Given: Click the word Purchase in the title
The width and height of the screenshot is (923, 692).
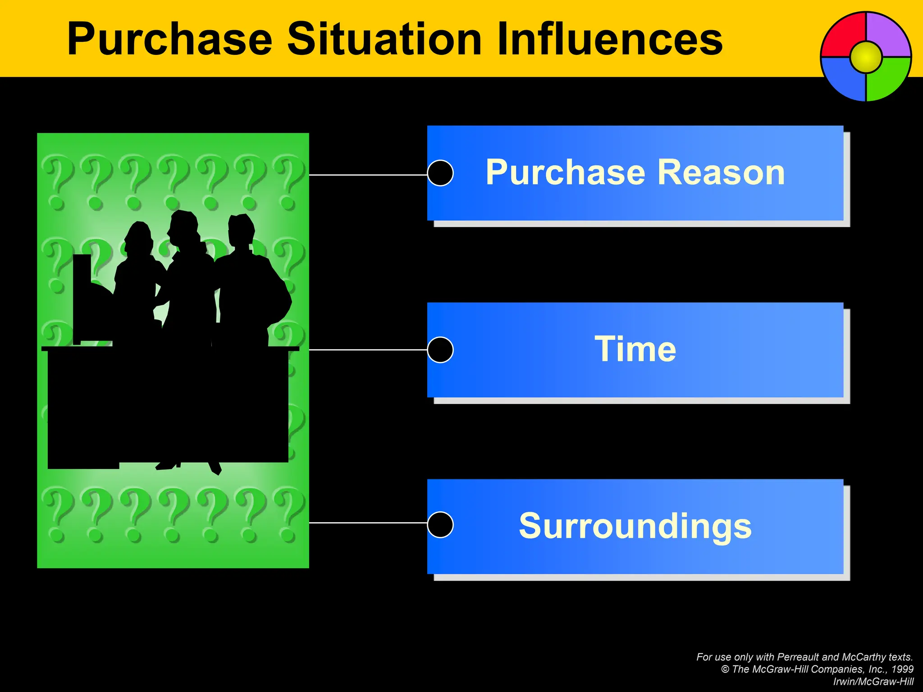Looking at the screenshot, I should pyautogui.click(x=169, y=40).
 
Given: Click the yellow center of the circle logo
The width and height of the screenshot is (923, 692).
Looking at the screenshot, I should pyautogui.click(x=866, y=57).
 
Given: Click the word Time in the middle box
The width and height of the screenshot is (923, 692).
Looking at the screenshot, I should pyautogui.click(x=635, y=349).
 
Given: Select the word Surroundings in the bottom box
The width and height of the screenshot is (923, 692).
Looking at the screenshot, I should pyautogui.click(x=635, y=526).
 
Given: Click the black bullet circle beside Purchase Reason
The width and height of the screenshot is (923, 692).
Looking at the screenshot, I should pyautogui.click(x=440, y=173).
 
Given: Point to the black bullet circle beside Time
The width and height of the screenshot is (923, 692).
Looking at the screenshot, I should pyautogui.click(x=440, y=350).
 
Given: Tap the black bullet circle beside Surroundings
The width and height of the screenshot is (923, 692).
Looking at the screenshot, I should pyautogui.click(x=440, y=525).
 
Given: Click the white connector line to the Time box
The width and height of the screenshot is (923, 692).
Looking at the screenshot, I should pyautogui.click(x=367, y=350).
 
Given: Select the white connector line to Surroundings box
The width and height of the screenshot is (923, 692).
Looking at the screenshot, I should pyautogui.click(x=367, y=523).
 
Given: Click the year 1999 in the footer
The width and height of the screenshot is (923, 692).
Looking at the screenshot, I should pyautogui.click(x=902, y=669).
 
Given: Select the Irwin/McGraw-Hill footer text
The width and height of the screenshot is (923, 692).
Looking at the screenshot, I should pyautogui.click(x=873, y=682).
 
